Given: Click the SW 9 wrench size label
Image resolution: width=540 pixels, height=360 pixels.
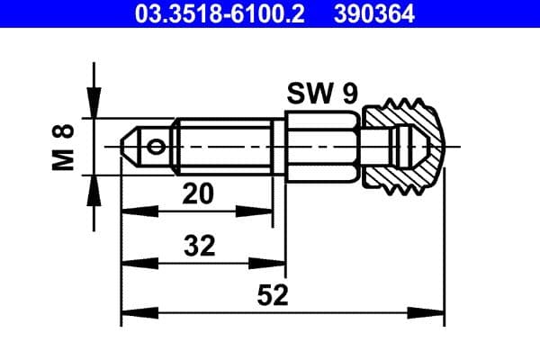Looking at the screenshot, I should coord(319,93).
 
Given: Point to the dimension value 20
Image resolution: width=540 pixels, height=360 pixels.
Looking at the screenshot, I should coord(199,192).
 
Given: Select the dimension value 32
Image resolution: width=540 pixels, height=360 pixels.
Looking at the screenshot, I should coord(199,244).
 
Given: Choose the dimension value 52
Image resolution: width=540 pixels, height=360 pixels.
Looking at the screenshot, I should coord(272,294).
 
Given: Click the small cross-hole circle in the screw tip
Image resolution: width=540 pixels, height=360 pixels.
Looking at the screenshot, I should coord(158,146).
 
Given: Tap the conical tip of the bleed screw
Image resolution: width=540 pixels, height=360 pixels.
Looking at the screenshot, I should coord(129,146).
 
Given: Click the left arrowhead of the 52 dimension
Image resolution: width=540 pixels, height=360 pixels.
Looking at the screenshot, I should coord(129,314).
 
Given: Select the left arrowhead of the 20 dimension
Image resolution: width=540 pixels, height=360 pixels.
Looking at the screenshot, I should coord(129,211).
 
